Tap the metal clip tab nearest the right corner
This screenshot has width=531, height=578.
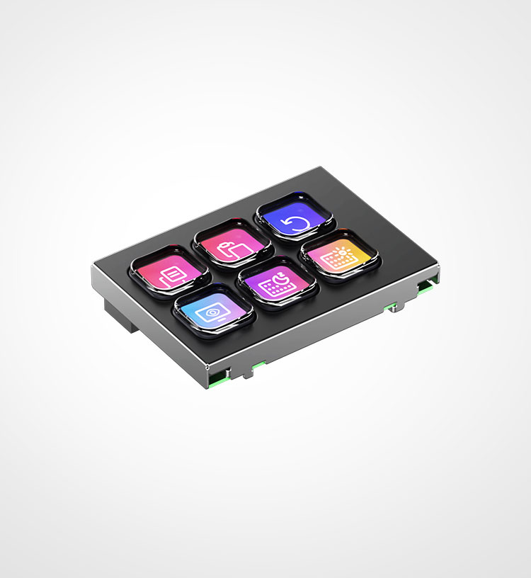click(391, 307)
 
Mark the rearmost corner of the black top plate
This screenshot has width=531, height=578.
click(323, 167)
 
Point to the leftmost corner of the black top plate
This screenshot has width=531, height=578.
click(93, 266)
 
